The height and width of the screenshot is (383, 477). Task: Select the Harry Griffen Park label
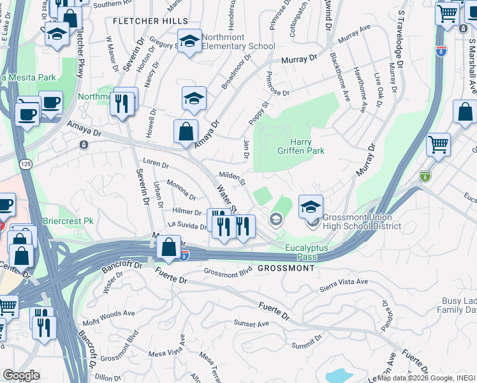pos(307,146)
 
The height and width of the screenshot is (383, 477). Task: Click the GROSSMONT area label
pos(286,268)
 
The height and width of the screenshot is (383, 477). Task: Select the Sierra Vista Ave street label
pos(344,282)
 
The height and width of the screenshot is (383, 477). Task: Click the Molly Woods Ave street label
pos(108,314)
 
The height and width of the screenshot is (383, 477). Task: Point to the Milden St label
pos(233,177)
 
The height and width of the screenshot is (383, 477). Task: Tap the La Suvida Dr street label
pos(187,225)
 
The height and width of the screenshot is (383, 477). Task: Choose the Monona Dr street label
pos(181,190)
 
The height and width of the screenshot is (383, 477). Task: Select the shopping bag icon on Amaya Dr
pos(185,132)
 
